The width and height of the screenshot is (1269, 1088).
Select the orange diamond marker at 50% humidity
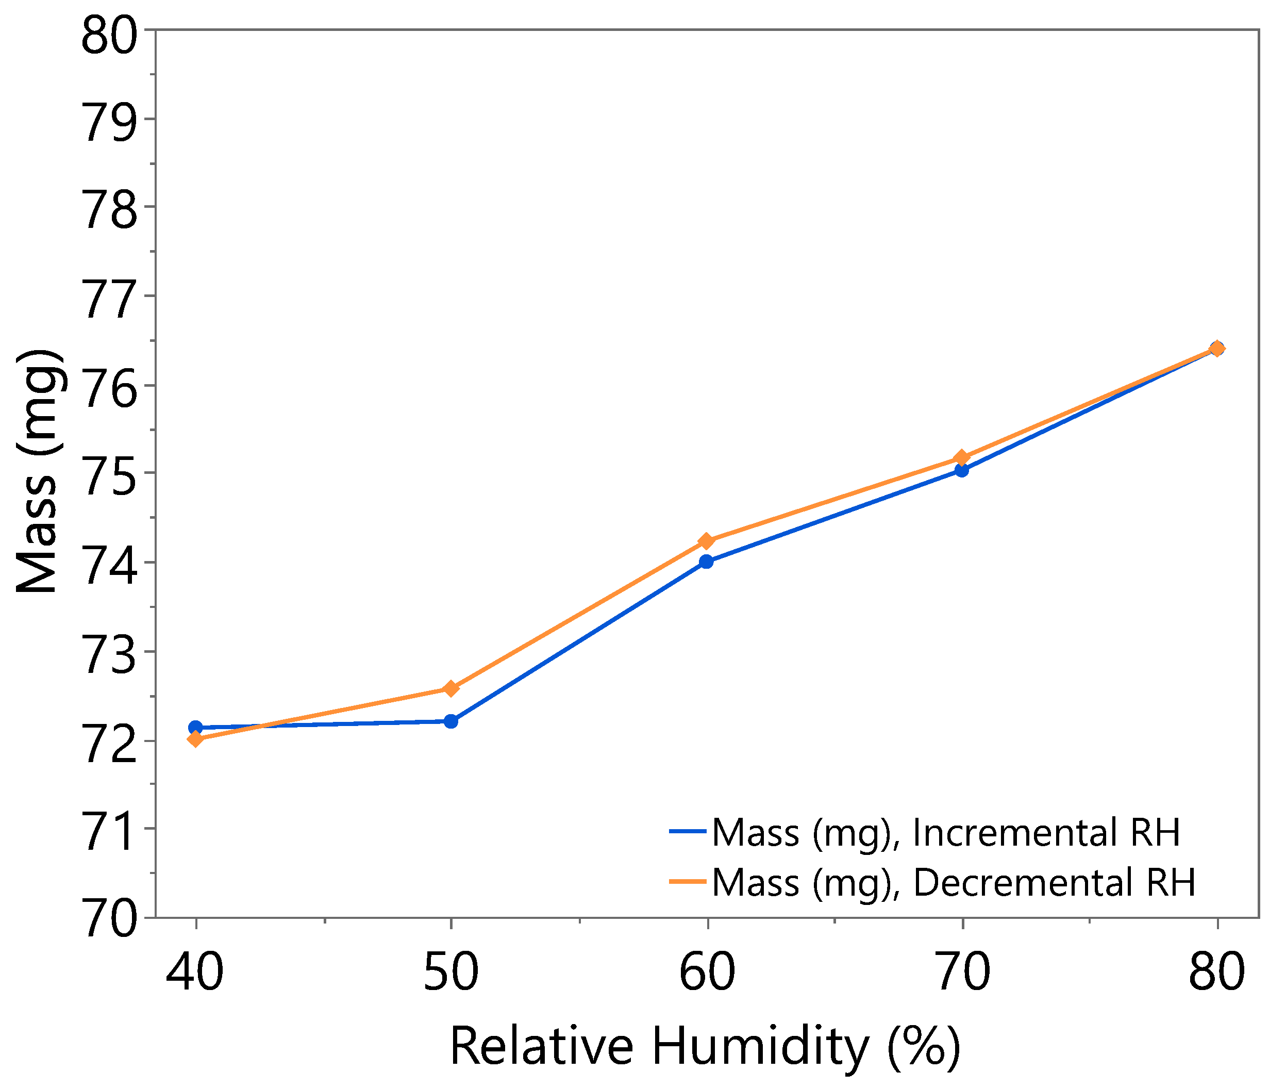coord(451,688)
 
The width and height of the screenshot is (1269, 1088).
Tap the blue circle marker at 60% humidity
coord(706,561)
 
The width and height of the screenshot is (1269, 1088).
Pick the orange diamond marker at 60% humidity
coord(706,541)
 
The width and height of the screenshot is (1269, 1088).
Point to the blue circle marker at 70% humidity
coord(962,470)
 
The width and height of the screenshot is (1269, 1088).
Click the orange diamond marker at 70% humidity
coord(962,457)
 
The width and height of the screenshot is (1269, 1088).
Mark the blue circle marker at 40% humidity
coord(195,727)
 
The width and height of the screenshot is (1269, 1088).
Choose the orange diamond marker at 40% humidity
coord(195,739)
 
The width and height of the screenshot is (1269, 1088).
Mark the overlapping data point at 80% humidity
coord(1217,349)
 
